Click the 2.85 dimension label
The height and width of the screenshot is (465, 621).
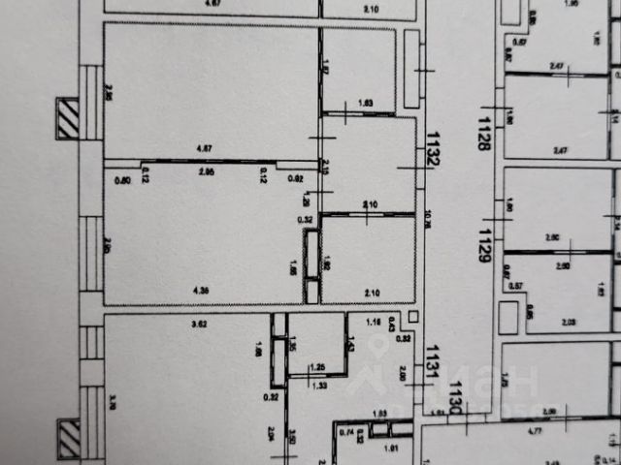[206, 171]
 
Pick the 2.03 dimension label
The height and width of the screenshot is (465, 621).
[570, 322]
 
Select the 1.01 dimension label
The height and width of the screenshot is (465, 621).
[391, 449]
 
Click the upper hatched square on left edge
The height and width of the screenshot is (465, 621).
[69, 119]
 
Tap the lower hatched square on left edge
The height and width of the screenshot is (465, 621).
[69, 439]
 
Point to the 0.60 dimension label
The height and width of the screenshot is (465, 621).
[122, 179]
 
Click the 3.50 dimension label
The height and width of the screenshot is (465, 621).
[291, 441]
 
